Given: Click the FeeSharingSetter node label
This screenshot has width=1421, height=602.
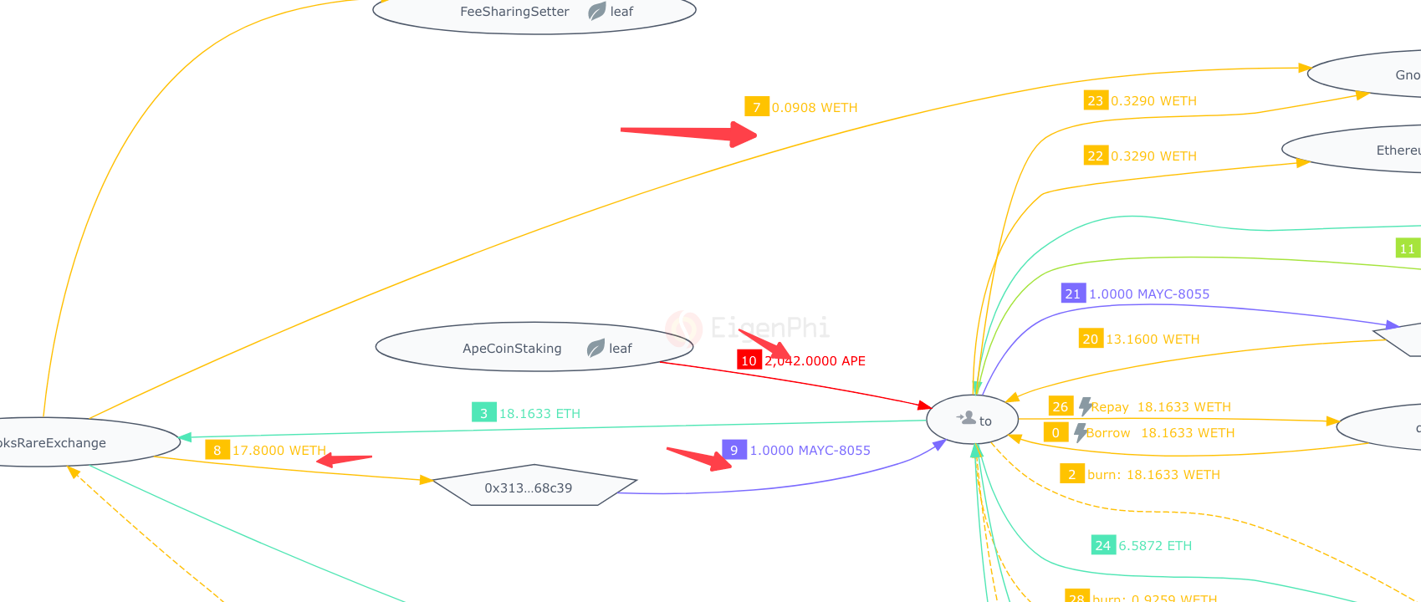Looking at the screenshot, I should point(514,12).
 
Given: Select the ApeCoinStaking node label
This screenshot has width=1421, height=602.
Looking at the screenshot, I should point(512,349).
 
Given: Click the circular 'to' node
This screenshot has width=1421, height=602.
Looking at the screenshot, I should point(973,420).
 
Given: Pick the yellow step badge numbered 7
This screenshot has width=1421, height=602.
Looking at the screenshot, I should point(756,107).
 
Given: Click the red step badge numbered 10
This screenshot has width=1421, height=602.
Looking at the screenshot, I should point(749,360).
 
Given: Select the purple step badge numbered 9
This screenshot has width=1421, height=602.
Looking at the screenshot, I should point(734,450).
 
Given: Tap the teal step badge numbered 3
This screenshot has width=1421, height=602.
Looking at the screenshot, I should point(483,413).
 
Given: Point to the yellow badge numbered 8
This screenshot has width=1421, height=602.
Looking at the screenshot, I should point(217,450).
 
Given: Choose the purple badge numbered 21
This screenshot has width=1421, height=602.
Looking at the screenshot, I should point(1072,293).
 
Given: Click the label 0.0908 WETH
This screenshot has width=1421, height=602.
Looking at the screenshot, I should point(815,108).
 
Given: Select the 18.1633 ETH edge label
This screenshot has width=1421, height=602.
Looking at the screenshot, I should point(539,414).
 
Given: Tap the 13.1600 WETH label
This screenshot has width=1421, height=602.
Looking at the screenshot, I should point(1153,339).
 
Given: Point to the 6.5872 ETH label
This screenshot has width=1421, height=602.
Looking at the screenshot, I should point(1155,546).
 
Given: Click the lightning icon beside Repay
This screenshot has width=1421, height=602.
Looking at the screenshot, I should point(1085,406).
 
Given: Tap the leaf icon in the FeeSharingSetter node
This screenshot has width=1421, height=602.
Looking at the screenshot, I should point(597,12).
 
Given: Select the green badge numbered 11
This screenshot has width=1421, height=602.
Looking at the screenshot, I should point(1407,248).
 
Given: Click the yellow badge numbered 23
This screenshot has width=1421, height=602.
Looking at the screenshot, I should point(1095,100).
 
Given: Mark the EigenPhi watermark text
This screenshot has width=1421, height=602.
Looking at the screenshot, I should point(769,327).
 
